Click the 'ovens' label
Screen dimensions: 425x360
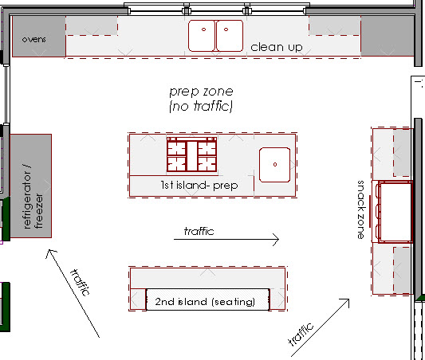click(33, 40)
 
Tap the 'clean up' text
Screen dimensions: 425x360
click(277, 47)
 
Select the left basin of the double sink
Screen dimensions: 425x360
click(202, 36)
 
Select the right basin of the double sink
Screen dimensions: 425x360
click(230, 36)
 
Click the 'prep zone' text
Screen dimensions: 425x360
click(201, 92)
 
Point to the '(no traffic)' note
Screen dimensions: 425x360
click(201, 106)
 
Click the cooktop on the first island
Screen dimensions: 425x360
click(191, 155)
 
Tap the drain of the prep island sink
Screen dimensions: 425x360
click(275, 164)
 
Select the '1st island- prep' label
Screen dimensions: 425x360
click(199, 186)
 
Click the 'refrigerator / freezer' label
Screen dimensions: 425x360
click(33, 197)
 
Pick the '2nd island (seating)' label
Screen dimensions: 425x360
click(205, 302)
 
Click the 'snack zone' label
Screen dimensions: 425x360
click(360, 209)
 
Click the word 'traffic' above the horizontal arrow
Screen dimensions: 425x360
click(199, 231)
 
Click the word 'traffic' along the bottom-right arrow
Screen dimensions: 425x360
click(301, 334)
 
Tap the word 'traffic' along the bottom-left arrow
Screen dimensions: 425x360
click(80, 282)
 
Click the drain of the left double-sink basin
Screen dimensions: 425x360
click(203, 29)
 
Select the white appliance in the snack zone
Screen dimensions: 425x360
click(395, 212)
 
